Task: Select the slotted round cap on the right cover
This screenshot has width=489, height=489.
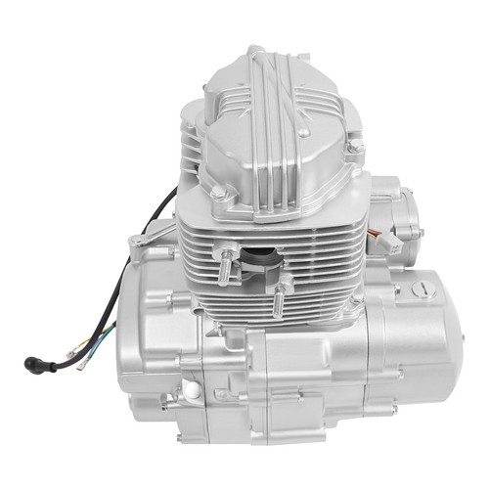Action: click(422, 289)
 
